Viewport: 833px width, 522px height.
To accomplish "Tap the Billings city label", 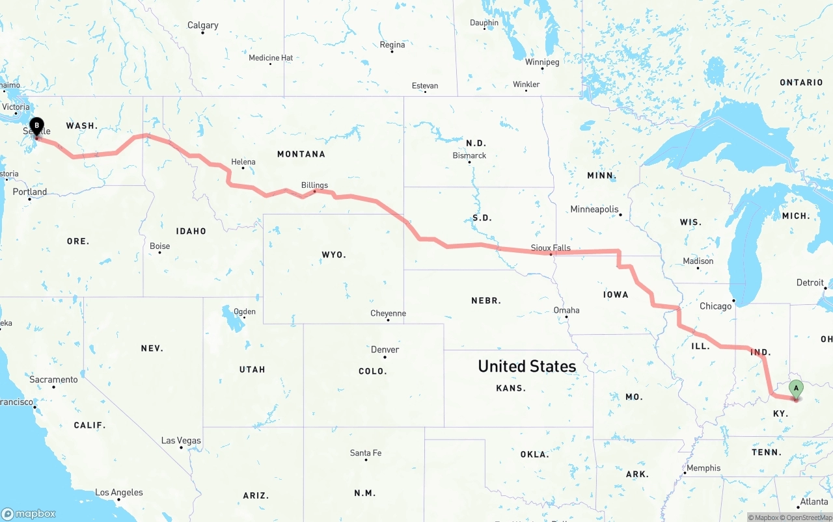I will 314,185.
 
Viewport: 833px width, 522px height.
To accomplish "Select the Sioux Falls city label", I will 551,248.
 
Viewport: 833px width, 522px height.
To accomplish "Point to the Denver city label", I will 385,350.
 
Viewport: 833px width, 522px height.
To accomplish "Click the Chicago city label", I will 715,306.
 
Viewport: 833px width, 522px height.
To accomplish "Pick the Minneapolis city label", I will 594,209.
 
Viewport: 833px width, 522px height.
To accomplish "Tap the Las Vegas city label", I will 181,441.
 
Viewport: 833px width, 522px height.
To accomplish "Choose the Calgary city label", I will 202,25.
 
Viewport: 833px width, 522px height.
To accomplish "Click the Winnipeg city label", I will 542,62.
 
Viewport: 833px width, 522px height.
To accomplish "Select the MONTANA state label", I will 301,154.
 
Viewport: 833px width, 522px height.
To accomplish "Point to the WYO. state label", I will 334,255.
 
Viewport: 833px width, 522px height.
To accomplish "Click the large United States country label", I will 526,366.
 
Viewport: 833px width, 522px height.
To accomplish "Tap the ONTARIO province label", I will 801,83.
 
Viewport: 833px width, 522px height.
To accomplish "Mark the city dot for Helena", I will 243,168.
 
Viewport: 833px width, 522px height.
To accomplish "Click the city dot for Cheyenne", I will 389,320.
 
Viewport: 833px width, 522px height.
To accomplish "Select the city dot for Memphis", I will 685,473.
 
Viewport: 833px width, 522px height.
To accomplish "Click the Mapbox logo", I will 29,514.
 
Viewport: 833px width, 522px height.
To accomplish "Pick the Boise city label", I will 159,246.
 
